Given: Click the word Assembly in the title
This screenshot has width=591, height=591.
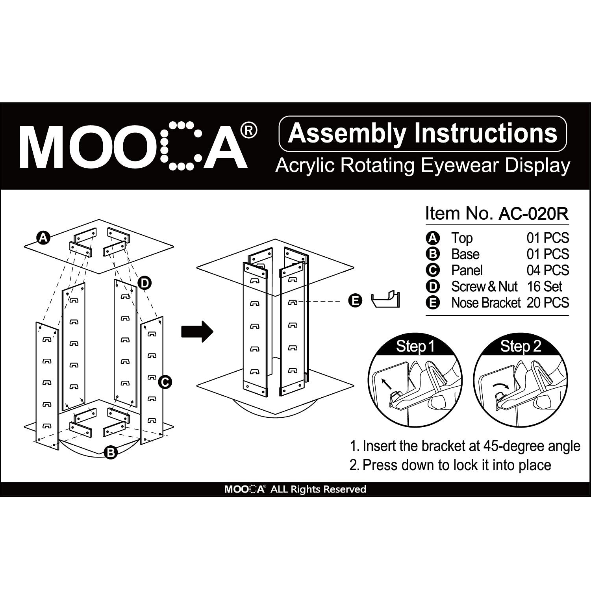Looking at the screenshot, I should (x=347, y=133).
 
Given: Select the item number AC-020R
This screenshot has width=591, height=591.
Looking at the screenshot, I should (x=534, y=214).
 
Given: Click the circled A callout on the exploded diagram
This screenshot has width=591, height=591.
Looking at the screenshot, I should (x=43, y=237).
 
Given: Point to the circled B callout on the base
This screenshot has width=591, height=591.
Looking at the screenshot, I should (x=111, y=452).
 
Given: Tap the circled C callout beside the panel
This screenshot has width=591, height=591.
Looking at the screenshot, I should (x=165, y=382).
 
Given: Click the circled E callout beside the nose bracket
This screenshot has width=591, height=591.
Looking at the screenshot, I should (x=355, y=301).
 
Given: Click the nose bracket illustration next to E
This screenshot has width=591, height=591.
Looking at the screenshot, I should (x=385, y=300).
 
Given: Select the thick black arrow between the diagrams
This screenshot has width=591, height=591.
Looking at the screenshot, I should (x=197, y=332).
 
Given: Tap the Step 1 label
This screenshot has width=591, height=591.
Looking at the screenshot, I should (x=415, y=346).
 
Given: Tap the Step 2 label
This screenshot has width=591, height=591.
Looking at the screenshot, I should (x=521, y=346).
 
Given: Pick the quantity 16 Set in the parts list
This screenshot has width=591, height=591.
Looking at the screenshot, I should (x=545, y=287).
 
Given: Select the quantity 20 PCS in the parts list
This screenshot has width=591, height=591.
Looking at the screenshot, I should (x=548, y=303).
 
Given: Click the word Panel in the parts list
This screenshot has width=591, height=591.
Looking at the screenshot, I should (x=467, y=270).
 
